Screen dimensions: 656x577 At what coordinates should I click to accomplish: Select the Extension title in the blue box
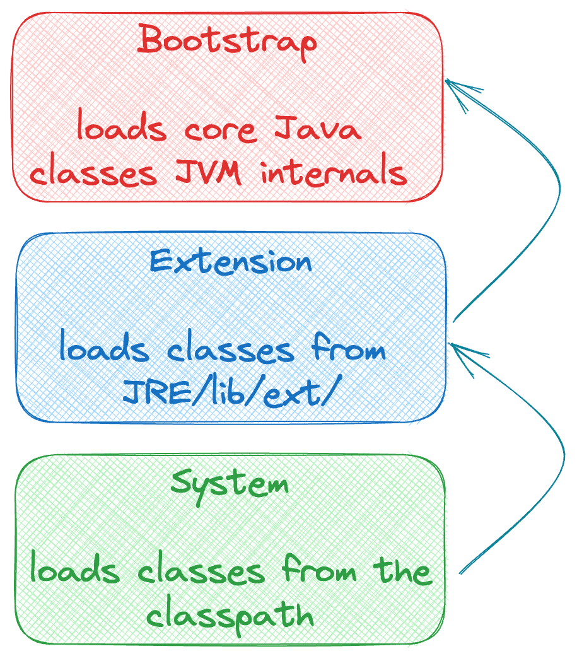point(231,261)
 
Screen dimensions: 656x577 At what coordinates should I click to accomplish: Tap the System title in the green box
point(230,484)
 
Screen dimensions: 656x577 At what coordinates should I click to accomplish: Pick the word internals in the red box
point(334,172)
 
